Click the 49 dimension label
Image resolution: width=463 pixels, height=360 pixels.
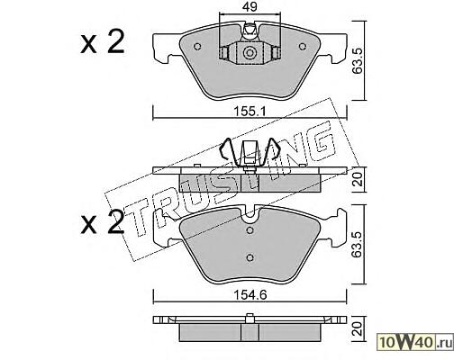[x=250, y=6]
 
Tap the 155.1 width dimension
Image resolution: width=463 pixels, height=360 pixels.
[x=250, y=112]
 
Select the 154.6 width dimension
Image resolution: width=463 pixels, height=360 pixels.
[x=250, y=295]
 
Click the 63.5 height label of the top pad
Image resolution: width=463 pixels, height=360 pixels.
[x=358, y=62]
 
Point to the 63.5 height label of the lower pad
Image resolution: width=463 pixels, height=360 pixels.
[x=358, y=246]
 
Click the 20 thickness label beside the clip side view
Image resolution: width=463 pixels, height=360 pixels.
[x=358, y=179]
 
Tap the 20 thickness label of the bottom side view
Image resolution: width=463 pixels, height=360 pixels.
[x=358, y=329]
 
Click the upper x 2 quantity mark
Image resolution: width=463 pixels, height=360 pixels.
[x=103, y=43]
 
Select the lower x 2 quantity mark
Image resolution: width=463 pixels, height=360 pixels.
[x=103, y=222]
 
